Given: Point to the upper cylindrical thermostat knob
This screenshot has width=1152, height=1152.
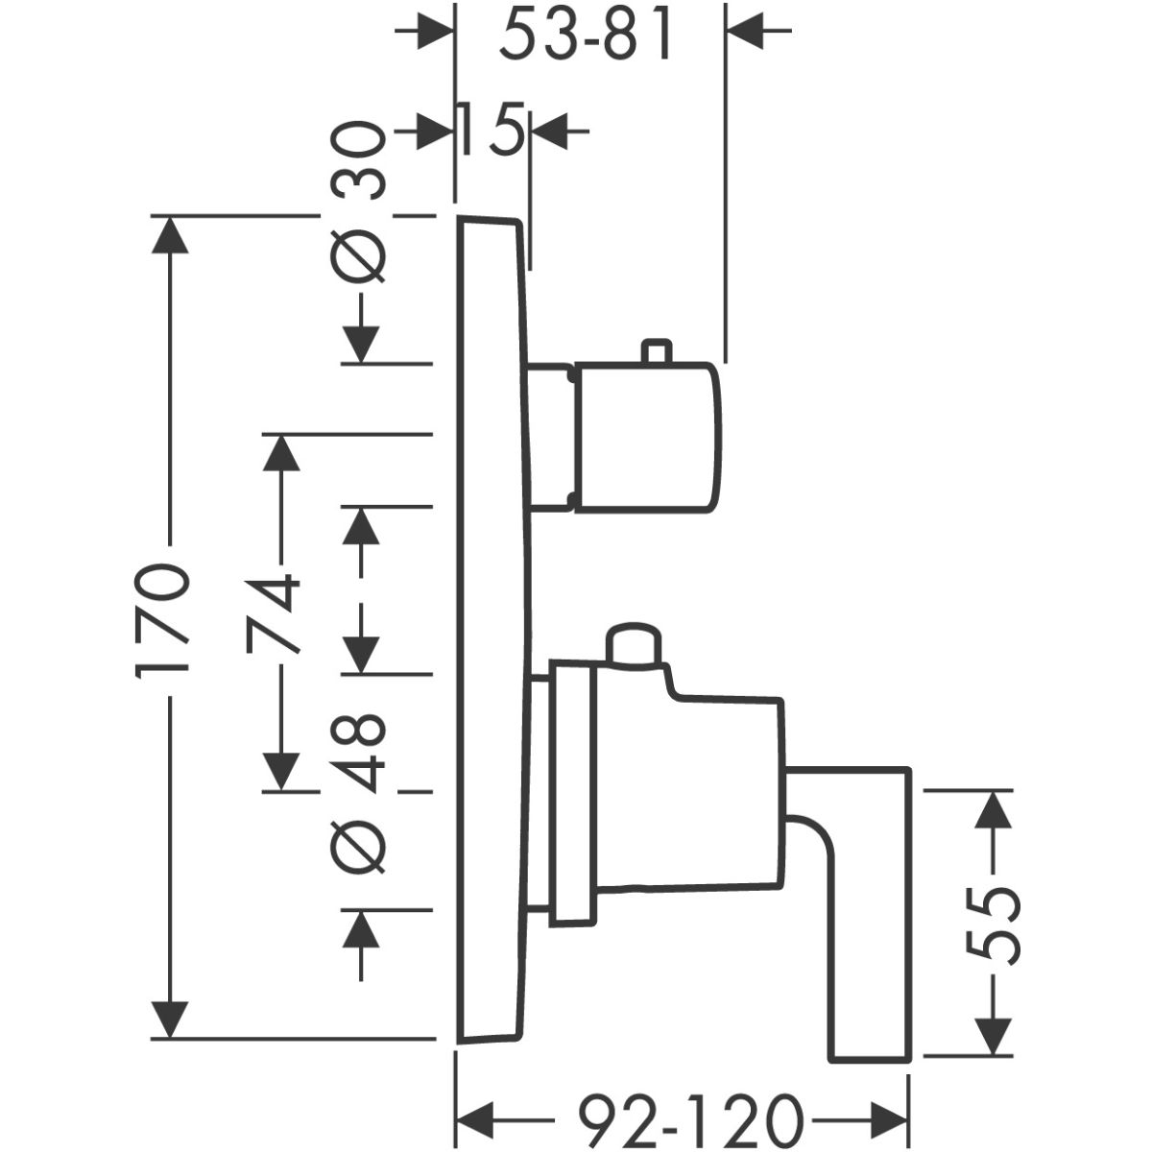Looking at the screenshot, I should coord(645,436).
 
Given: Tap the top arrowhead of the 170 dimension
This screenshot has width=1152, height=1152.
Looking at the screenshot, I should coord(171,236).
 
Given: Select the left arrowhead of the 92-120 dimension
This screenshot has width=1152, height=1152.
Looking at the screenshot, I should coord(474,1117).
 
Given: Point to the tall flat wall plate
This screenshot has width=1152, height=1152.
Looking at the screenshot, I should coord(492,624).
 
